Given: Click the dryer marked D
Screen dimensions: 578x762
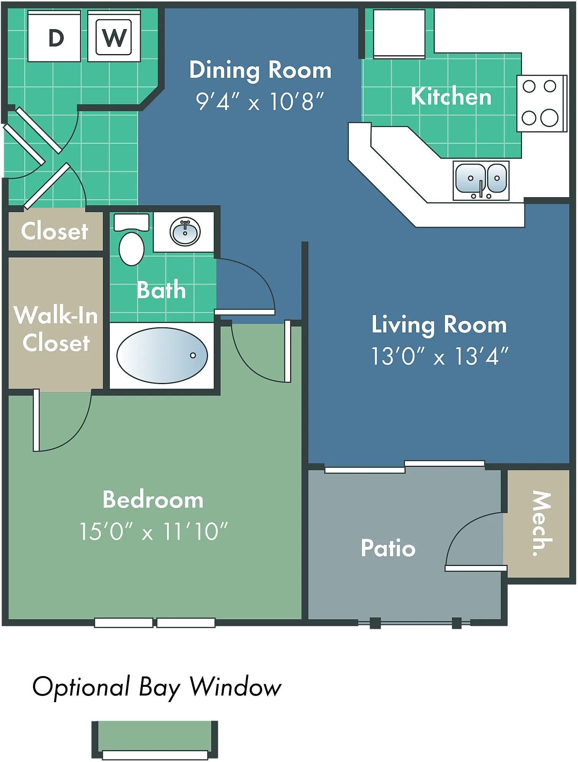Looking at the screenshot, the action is pos(54,36).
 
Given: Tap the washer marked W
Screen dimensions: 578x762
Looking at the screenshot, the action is pos(114,36).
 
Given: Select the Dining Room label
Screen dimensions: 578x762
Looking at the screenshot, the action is pos(260,70).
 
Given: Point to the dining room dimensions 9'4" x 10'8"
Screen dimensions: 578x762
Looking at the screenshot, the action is pos(260,102).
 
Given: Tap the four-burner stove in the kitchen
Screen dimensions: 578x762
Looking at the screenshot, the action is pos(542,104).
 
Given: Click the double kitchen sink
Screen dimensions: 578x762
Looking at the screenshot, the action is pos(481,181).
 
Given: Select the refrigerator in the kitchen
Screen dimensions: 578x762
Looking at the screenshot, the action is pos(399,34).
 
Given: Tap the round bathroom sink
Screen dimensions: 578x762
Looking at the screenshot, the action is pos(185,231).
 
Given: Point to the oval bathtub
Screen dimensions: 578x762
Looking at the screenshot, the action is pos(162,355).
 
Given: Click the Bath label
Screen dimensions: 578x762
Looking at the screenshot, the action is pos(162,290).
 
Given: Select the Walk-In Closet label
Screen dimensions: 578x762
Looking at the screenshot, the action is pos(56,328).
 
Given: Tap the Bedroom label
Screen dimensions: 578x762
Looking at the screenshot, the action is pos(153,500).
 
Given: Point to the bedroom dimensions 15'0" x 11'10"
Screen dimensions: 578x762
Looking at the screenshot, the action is pos(154,531).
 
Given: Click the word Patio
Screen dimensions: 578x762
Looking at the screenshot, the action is pos(388,548).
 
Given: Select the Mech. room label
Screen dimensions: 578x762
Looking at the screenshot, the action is pos(542,523).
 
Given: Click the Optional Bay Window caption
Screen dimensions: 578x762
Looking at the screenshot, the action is pos(157,687).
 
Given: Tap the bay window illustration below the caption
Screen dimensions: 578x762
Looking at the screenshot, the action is pos(155,740).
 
